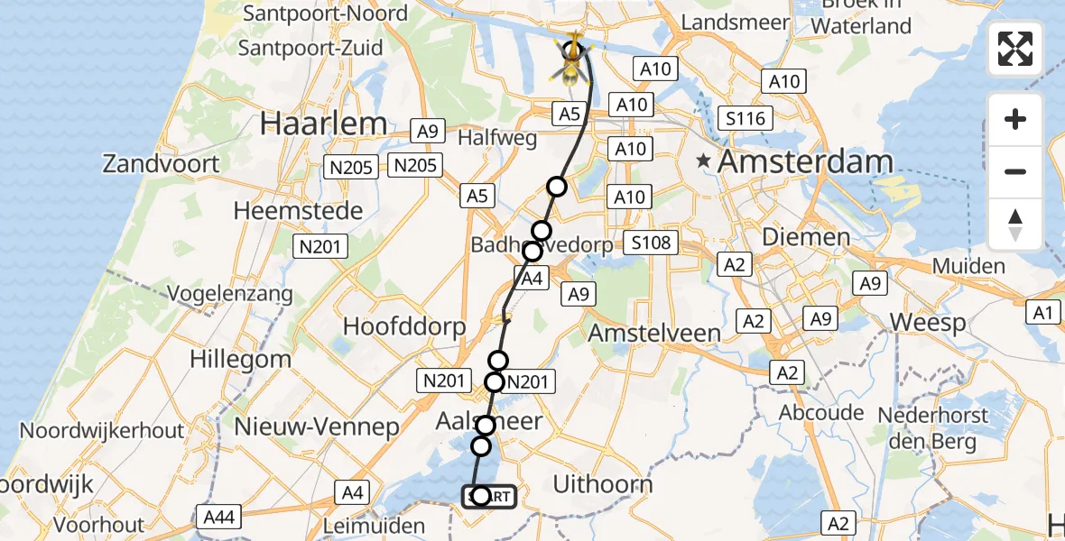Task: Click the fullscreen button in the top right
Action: [x=1015, y=49]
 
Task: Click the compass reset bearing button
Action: [x=1015, y=225]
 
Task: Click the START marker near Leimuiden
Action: [x=489, y=496]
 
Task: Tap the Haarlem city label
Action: [x=323, y=124]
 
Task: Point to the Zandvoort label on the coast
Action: [x=162, y=164]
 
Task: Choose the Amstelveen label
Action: [x=654, y=333]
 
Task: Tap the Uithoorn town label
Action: [x=602, y=484]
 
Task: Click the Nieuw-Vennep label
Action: [x=316, y=426]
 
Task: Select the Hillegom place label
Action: [x=240, y=358]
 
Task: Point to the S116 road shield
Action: [x=745, y=118]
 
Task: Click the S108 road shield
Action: [x=650, y=243]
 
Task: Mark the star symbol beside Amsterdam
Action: [x=702, y=162]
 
